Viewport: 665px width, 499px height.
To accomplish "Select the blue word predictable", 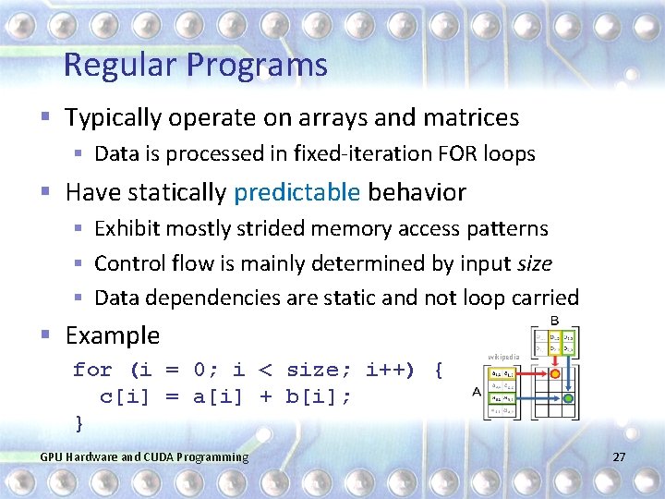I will point(296,192).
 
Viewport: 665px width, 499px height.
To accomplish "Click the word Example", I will point(112,335).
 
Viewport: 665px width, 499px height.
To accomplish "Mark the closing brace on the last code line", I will point(79,422).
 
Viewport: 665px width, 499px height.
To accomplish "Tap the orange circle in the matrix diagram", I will point(555,375).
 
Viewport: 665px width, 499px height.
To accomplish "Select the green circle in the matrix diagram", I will point(569,398).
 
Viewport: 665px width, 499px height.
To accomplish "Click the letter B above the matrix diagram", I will point(554,320).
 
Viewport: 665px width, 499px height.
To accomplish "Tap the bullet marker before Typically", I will point(47,118).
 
